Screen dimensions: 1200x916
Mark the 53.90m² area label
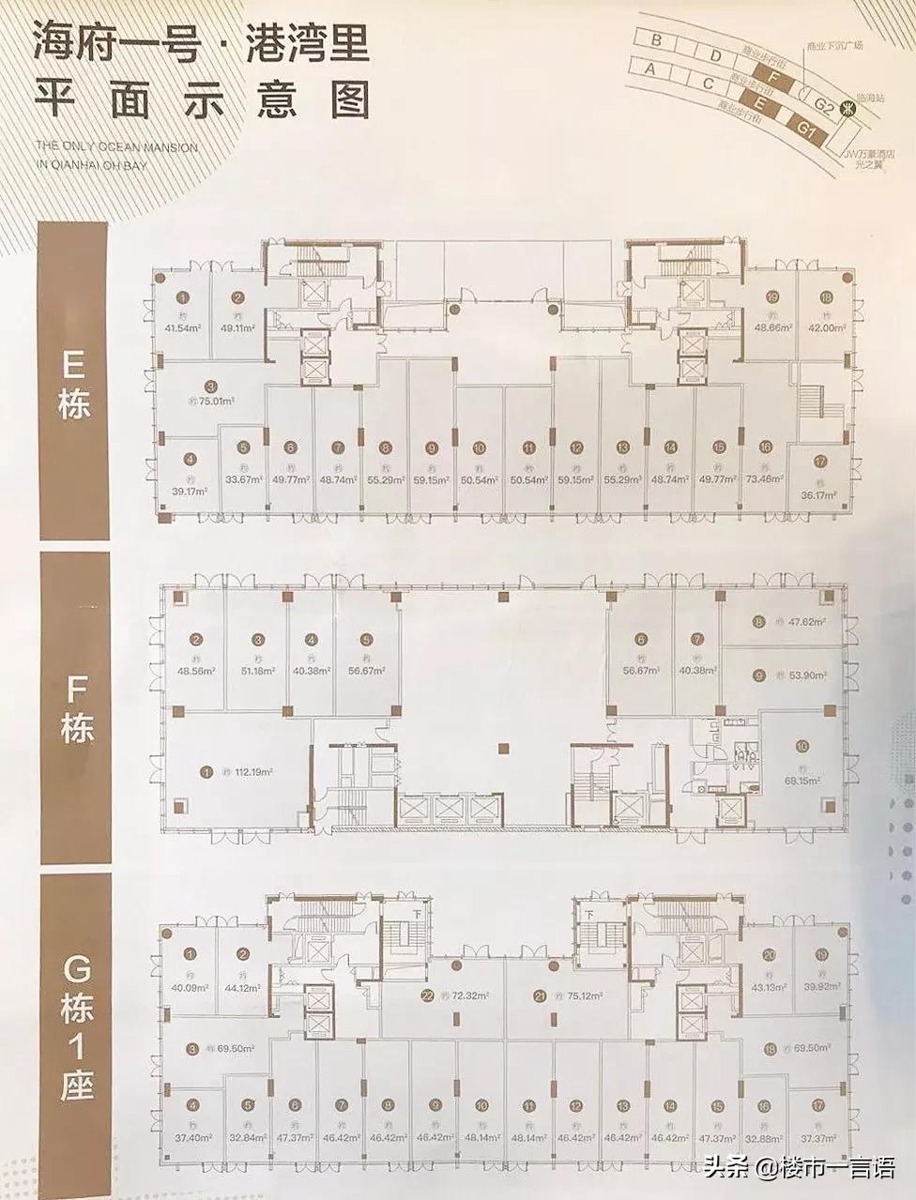pos(805,674)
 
